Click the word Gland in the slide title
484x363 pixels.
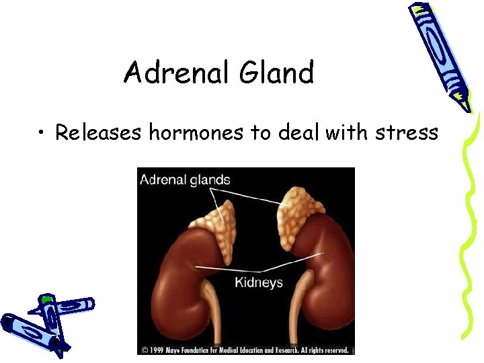coord(276,73)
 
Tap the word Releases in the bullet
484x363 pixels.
coord(98,132)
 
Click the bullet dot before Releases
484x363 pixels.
coord(42,133)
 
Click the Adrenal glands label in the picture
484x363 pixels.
coord(185,180)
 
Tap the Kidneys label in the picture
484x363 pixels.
coord(259,282)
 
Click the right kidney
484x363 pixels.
coord(323,269)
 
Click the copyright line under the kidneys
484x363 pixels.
coord(245,350)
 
